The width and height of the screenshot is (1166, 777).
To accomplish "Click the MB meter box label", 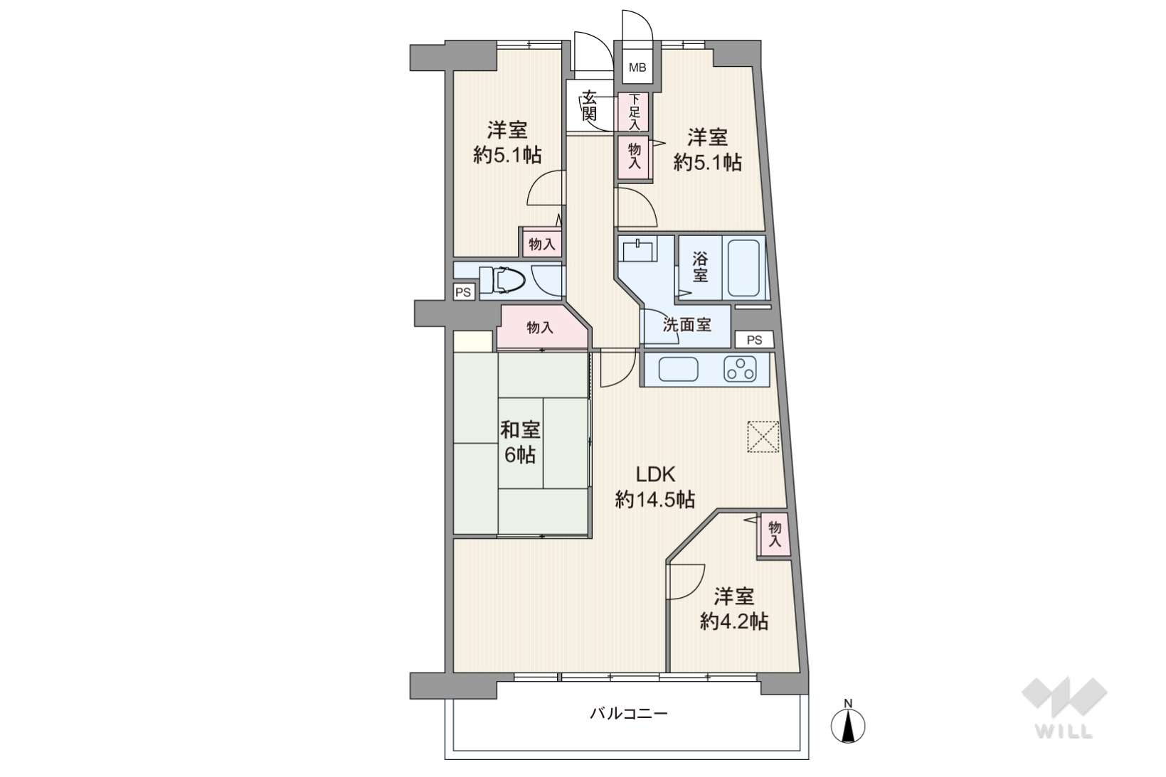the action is [637, 68].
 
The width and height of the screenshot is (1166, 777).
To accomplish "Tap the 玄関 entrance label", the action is [589, 106].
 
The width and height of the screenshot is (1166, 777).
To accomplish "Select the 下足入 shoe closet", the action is [633, 112].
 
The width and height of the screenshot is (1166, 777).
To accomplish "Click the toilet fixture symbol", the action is [502, 281].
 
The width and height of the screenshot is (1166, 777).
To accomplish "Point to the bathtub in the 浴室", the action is [743, 269].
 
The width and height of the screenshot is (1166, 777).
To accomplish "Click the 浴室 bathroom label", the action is [700, 267].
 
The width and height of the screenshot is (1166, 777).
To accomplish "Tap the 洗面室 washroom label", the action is [687, 325].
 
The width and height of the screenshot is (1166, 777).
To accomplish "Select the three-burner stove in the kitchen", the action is [740, 368].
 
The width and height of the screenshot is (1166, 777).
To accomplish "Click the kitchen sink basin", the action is [678, 369].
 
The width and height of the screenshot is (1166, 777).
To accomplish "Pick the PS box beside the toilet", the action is [463, 291].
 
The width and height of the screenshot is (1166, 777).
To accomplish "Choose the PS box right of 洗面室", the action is [754, 340].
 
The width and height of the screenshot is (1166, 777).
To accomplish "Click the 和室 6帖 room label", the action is [520, 442].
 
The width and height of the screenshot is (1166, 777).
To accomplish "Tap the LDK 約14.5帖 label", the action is [654, 487].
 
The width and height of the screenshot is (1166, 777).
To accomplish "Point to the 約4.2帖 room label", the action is [734, 621].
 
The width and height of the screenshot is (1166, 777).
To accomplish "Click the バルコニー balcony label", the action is [628, 713].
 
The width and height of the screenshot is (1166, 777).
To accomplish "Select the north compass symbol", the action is [848, 723].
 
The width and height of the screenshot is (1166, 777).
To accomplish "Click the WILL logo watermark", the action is [1064, 707].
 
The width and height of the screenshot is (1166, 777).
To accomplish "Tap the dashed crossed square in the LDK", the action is [763, 436].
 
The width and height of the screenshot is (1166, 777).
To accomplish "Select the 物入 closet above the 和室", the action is [540, 327].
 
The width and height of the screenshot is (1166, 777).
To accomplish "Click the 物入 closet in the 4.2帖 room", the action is [775, 535].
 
